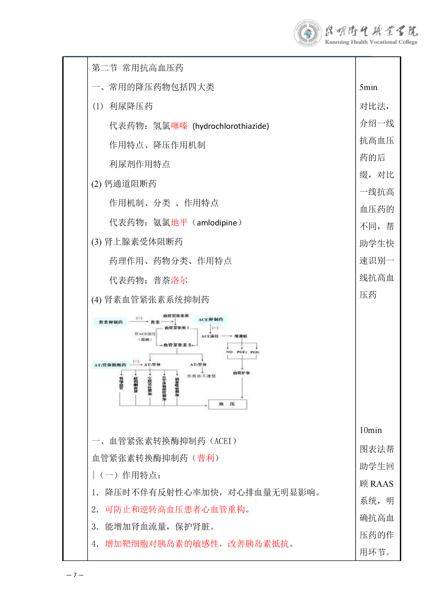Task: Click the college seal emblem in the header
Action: click(x=307, y=33)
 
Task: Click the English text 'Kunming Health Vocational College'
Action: click(x=371, y=42)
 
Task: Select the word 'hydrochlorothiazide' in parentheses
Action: click(x=231, y=126)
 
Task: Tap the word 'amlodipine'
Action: click(x=217, y=223)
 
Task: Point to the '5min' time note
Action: click(x=368, y=88)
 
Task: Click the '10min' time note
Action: click(x=371, y=430)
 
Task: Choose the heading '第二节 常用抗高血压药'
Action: click(x=138, y=68)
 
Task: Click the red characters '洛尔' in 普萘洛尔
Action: click(x=179, y=280)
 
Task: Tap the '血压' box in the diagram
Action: click(x=227, y=404)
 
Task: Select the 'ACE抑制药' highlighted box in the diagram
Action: click(x=210, y=319)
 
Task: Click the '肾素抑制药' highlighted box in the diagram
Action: click(x=111, y=322)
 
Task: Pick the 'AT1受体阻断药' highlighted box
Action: click(x=110, y=365)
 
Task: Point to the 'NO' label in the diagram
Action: click(x=229, y=352)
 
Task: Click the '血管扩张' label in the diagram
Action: click(x=241, y=373)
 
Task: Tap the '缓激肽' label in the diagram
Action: click(x=241, y=336)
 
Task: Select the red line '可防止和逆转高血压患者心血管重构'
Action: click(x=175, y=510)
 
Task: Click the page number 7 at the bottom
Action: click(x=75, y=575)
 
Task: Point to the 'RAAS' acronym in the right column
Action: click(x=382, y=484)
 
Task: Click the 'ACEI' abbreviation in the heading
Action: click(x=223, y=441)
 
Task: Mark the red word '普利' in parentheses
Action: click(x=206, y=458)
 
